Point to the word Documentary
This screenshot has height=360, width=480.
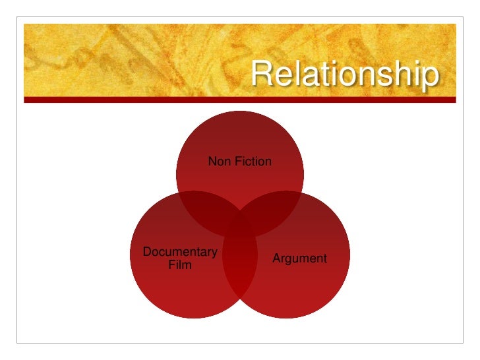pos(180,252)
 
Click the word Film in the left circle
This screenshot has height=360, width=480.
pos(180,266)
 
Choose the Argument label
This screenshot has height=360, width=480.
pos(299,258)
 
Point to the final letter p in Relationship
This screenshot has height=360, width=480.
pos(429,78)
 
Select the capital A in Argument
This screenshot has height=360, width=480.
pos(277,258)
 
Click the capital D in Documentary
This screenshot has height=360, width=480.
pos(147,252)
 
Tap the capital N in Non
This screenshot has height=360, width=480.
pos(212,161)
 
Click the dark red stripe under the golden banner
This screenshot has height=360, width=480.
pos(240,100)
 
